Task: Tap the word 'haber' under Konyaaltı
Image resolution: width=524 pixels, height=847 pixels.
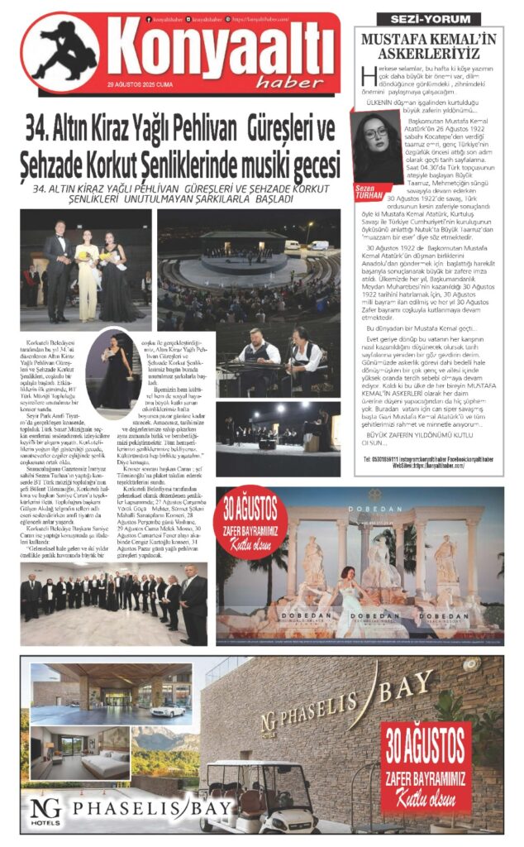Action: click(296, 80)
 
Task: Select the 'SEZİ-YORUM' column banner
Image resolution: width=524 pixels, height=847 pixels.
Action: click(428, 18)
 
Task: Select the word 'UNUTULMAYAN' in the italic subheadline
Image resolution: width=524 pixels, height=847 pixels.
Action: click(159, 199)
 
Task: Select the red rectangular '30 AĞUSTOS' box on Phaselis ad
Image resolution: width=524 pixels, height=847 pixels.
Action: click(426, 767)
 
